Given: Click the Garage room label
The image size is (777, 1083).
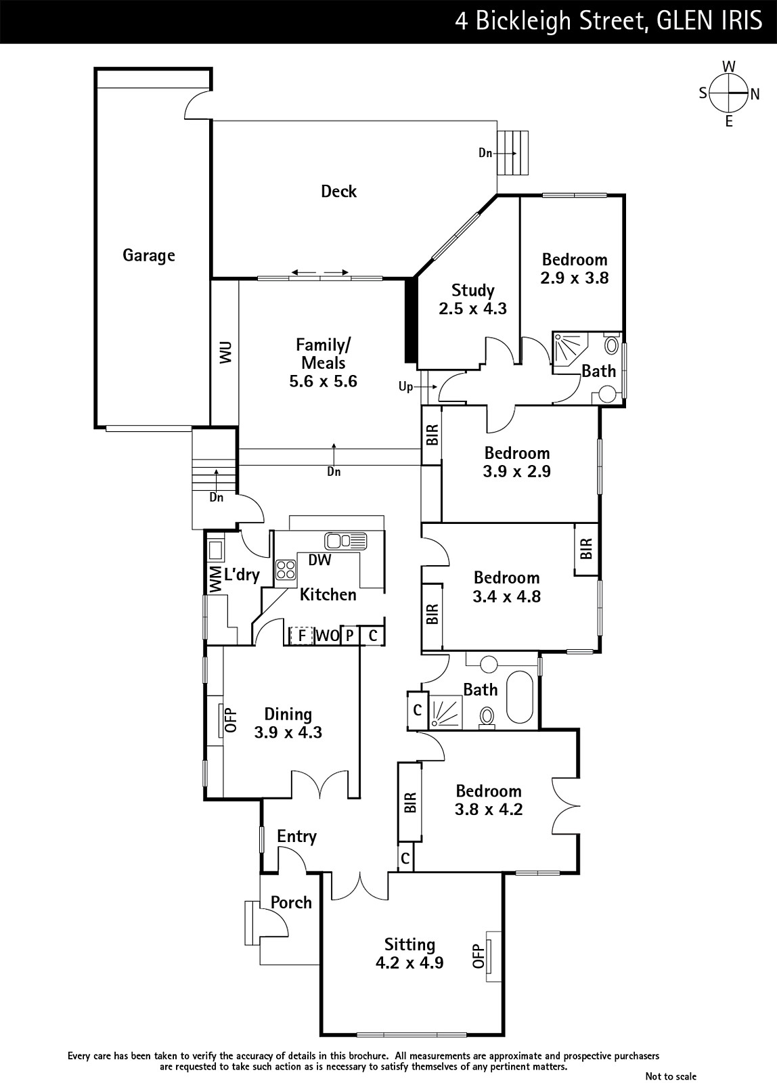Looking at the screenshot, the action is (x=149, y=255).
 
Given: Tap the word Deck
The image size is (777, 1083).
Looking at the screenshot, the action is (x=339, y=192).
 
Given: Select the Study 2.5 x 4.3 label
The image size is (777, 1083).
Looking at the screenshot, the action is (x=473, y=299).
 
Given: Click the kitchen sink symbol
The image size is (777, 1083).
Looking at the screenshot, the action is (x=346, y=541).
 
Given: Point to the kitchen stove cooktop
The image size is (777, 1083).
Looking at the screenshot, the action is (x=286, y=569).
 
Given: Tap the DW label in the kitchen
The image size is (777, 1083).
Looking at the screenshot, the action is (x=319, y=560).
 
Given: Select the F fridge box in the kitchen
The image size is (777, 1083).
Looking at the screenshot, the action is (x=302, y=636).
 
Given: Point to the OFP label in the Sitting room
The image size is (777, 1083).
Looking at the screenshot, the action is (x=479, y=956).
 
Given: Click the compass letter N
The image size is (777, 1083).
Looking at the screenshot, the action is (x=755, y=94).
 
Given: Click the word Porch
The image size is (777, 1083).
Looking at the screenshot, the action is (x=291, y=902).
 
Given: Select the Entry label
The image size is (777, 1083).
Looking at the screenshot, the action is (x=297, y=836).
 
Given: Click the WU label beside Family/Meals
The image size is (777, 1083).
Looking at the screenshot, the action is (x=225, y=353).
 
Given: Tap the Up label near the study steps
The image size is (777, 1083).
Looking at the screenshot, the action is (x=405, y=386).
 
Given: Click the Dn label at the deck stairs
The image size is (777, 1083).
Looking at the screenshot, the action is (x=485, y=153).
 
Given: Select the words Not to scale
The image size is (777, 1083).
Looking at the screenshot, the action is (x=671, y=1076).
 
